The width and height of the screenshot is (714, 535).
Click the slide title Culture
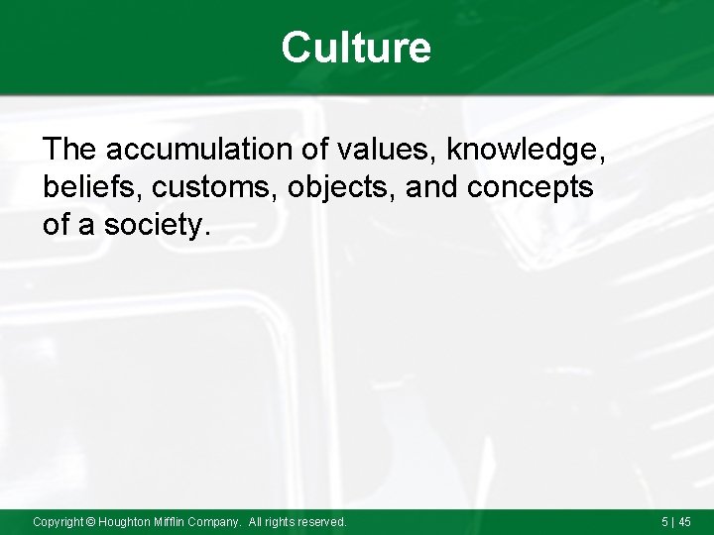click(356, 47)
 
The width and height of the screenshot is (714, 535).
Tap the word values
click(388, 150)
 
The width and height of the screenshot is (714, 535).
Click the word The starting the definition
click(69, 150)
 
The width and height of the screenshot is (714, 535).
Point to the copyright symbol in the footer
click(89, 521)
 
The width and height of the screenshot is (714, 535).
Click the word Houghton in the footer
click(125, 521)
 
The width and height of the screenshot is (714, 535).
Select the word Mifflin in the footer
click(175, 521)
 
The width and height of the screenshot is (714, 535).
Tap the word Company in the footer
click(219, 521)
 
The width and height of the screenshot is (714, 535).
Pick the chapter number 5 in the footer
click(663, 521)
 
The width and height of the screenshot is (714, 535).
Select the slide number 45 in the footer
click(684, 521)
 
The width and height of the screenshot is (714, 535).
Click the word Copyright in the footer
click(58, 521)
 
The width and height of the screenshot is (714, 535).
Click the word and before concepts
click(428, 187)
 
